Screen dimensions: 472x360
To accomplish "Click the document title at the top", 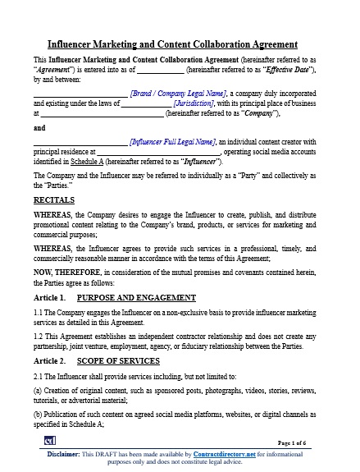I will pyautogui.click(x=180, y=44).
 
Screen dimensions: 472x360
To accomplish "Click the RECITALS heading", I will pyautogui.click(x=54, y=199).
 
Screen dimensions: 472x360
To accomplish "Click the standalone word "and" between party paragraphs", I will pyautogui.click(x=39, y=128).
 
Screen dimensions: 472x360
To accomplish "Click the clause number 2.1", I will pyautogui.click(x=39, y=377).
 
